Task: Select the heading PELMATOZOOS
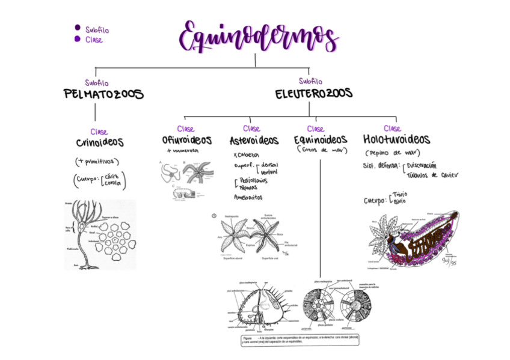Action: [103, 94]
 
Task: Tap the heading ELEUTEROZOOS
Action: [313, 94]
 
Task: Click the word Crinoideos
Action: [100, 143]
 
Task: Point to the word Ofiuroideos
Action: [186, 140]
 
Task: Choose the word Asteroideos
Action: [254, 141]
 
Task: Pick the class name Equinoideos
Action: [321, 140]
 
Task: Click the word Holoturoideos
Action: [396, 139]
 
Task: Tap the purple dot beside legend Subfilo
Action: [77, 28]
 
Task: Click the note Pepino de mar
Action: [393, 153]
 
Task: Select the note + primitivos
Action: [97, 162]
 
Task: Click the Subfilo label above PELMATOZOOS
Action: [97, 83]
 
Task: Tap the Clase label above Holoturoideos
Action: [392, 129]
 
